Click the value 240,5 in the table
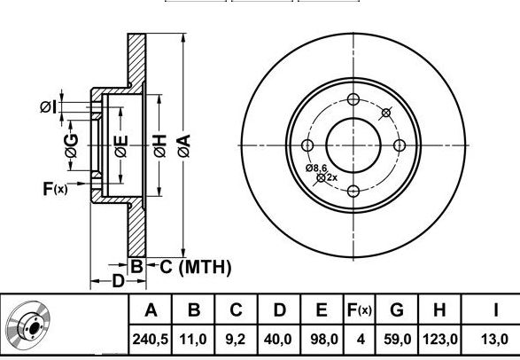(151, 339)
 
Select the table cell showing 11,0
(193, 339)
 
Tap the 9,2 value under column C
(236, 339)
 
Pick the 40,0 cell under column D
(278, 339)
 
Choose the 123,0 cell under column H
(439, 339)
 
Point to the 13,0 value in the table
(494, 339)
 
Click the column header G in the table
(397, 310)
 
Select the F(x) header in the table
(359, 310)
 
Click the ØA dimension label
(184, 145)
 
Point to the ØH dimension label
(159, 145)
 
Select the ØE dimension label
(121, 146)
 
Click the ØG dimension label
(71, 145)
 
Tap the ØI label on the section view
(49, 106)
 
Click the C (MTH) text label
(196, 267)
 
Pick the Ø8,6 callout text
(316, 168)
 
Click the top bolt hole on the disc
(353, 99)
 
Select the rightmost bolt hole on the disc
(400, 145)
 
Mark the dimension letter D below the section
(118, 281)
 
